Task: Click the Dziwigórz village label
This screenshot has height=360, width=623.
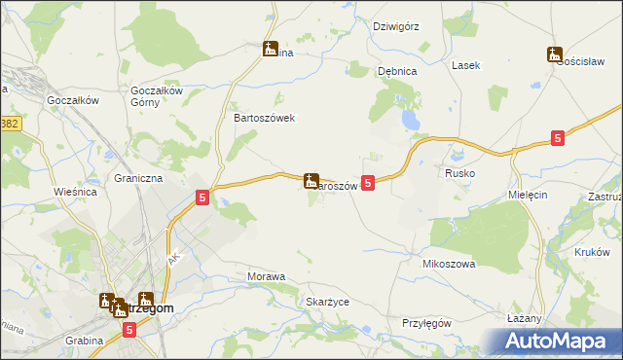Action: (395, 26)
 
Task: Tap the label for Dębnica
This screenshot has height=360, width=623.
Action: (397, 71)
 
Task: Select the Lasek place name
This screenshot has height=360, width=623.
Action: (465, 65)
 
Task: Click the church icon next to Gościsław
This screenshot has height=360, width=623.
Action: (555, 54)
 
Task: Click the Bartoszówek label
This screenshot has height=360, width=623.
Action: (258, 117)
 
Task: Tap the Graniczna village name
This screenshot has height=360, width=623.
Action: (137, 179)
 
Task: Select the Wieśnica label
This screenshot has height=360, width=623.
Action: (74, 192)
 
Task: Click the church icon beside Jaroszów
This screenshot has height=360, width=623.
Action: (311, 180)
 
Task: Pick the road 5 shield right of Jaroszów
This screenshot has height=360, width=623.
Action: (367, 182)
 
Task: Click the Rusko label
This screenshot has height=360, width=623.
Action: (459, 173)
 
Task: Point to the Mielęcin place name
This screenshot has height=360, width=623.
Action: (530, 195)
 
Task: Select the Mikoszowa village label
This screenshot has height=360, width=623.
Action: (448, 264)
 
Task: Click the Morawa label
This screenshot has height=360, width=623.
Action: (267, 277)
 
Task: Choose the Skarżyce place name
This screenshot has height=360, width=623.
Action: (327, 302)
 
